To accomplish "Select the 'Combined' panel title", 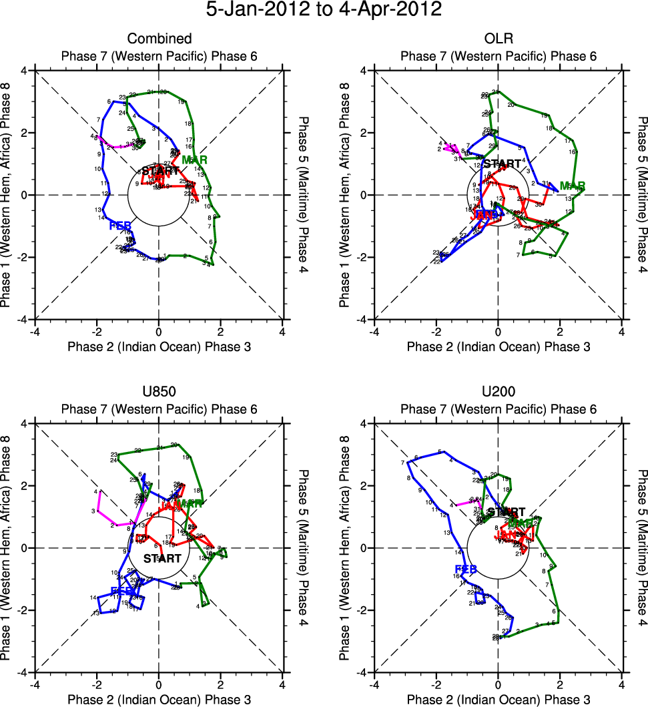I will [159, 39].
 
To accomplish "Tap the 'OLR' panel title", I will [499, 39].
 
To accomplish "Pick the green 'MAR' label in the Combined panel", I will [194, 160].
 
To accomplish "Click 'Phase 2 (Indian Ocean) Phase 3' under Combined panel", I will [159, 346].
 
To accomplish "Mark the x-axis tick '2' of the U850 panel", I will [221, 685].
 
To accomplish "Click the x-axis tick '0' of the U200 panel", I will [499, 685].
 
